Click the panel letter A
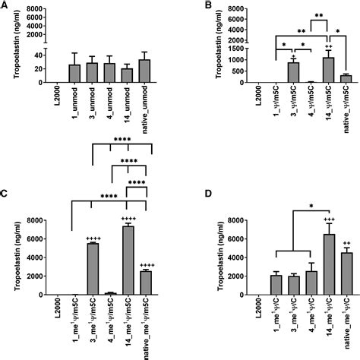point(5,6)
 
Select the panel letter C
point(5,191)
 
